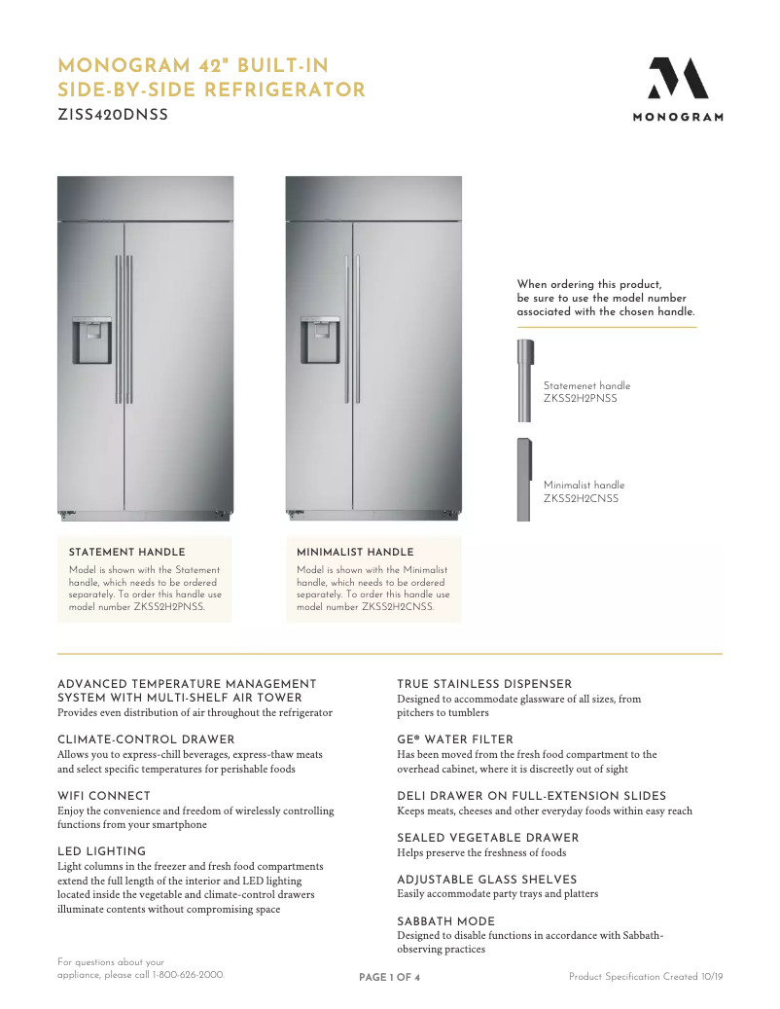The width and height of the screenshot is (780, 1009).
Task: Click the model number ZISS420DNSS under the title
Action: coord(113,115)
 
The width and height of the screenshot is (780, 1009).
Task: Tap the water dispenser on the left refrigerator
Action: coord(92,340)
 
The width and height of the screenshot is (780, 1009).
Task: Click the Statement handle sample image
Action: coord(524,380)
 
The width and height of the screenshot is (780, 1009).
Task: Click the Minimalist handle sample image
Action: coord(523,479)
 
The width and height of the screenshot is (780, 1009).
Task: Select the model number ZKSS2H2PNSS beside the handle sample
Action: coord(580,399)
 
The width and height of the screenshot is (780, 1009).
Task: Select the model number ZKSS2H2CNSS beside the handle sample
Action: coord(581,499)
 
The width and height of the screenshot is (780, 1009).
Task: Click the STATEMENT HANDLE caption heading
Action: coord(126,553)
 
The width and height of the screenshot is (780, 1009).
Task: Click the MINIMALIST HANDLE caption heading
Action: coord(355,553)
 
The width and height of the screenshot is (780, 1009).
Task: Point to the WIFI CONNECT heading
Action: coord(104,796)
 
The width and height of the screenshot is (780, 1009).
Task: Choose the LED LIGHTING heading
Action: coord(101,851)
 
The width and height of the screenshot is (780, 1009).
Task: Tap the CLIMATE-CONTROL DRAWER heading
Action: coord(146,739)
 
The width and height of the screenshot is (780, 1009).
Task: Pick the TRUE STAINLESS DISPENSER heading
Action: coord(484,684)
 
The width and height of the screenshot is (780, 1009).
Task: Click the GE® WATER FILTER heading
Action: coord(455,739)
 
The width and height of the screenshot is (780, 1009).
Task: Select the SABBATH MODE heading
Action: coord(445,921)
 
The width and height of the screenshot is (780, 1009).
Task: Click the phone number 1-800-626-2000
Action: coord(189,974)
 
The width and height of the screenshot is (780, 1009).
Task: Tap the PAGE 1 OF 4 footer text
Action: coord(389,978)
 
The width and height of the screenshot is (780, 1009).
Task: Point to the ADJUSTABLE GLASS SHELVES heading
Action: coord(486,880)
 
